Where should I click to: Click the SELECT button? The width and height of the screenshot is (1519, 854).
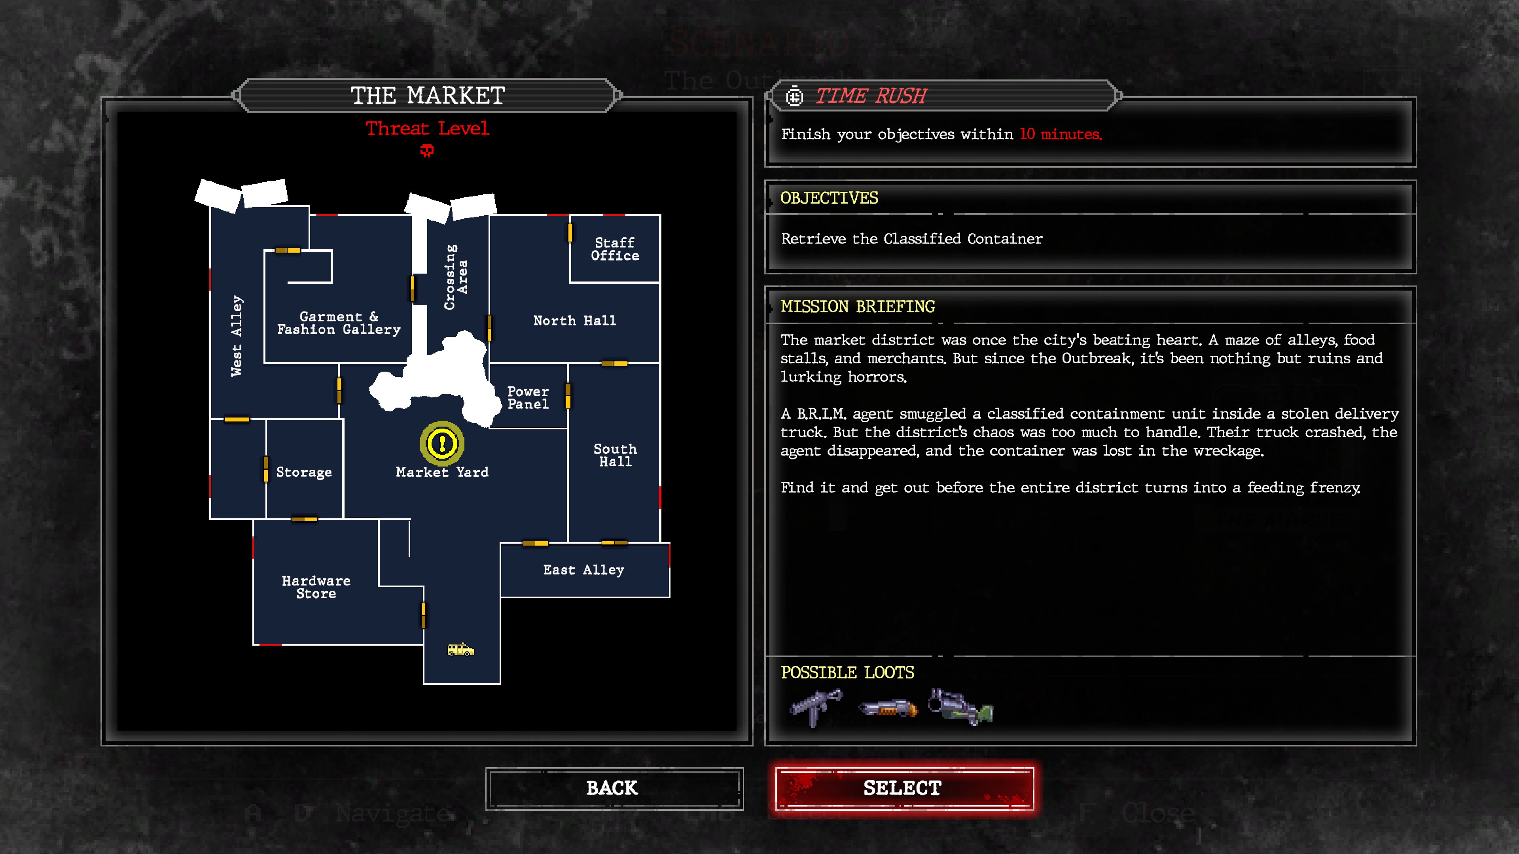tap(903, 788)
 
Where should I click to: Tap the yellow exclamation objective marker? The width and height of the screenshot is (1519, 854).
tap(442, 443)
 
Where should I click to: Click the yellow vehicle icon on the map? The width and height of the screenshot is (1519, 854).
tap(460, 650)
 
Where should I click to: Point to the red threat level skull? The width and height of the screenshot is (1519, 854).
tap(427, 151)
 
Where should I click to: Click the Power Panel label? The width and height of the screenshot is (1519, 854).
tap(528, 398)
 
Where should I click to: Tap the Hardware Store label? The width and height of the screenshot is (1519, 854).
tap(316, 587)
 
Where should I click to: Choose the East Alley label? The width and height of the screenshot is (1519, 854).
tap(583, 570)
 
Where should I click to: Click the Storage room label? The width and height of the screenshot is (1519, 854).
tap(304, 472)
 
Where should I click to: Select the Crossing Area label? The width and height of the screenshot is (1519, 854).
tap(456, 277)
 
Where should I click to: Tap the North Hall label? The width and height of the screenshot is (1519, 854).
tap(574, 321)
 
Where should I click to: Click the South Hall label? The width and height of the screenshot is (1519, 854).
tap(615, 455)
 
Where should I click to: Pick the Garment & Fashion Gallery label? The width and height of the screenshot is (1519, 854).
tap(339, 323)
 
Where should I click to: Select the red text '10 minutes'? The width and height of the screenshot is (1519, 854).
tap(1060, 134)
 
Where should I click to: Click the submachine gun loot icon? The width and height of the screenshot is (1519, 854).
tap(817, 707)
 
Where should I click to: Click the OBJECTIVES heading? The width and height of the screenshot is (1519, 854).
tap(829, 198)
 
